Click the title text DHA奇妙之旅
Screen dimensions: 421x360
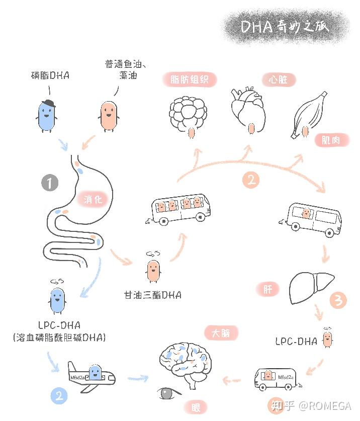285,27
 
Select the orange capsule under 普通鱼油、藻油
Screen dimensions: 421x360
108,116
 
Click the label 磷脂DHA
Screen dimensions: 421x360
49,76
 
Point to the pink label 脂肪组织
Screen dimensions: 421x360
190,79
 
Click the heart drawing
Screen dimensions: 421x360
248,109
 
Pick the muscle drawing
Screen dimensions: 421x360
309,116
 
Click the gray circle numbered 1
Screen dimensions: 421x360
49,183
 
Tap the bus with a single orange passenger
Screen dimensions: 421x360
311,219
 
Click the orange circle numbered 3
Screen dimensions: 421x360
338,300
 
